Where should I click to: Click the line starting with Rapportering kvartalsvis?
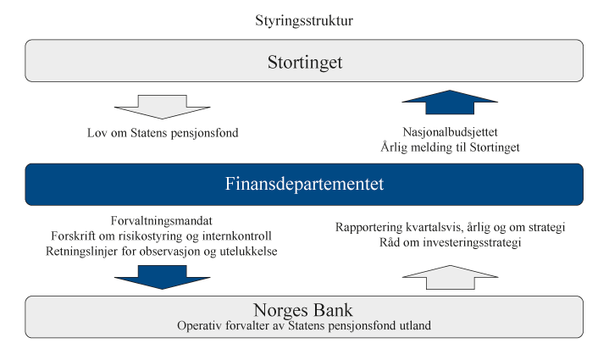point(451,228)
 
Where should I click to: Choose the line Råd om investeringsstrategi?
point(451,243)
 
